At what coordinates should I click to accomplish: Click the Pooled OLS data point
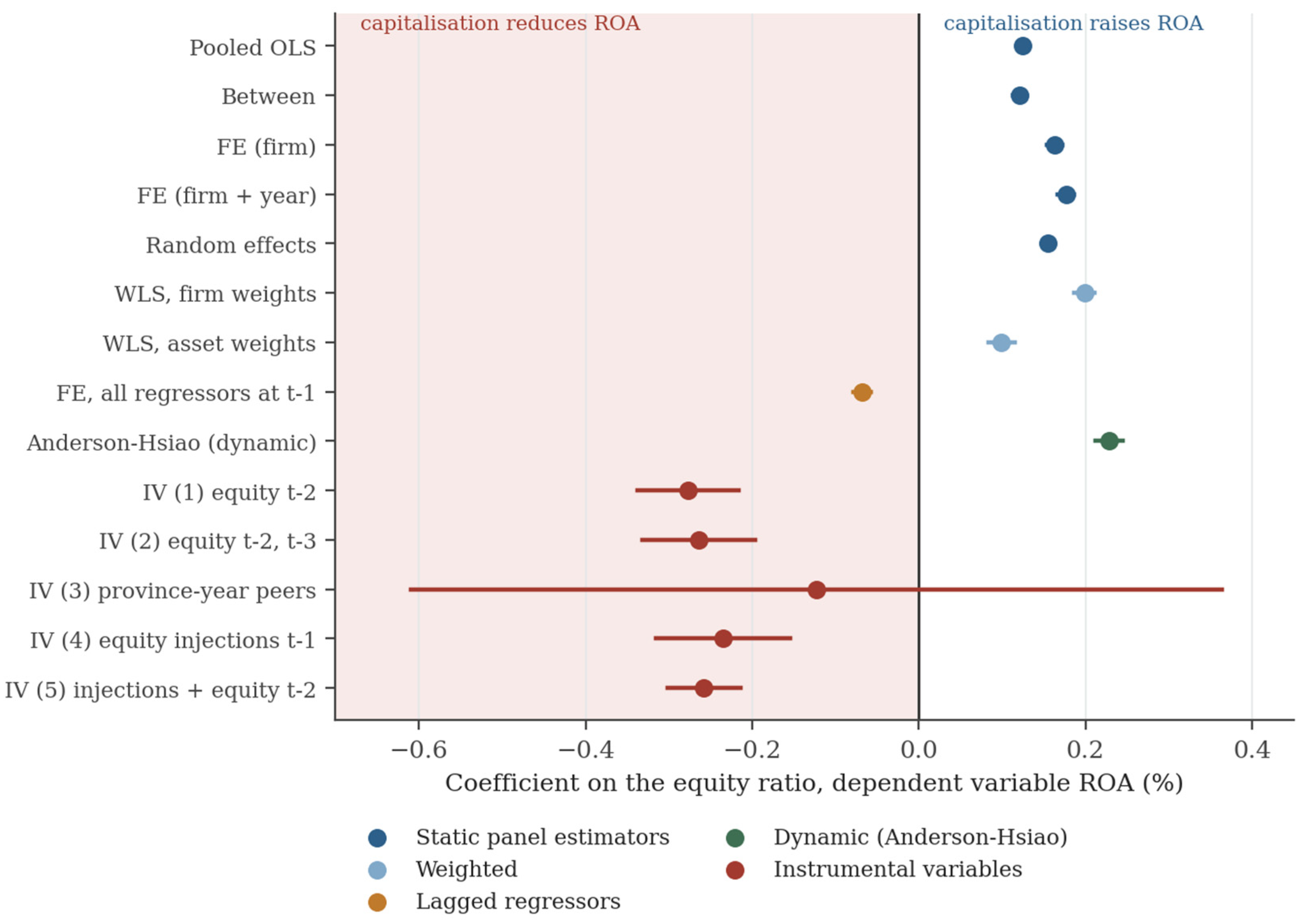[1022, 46]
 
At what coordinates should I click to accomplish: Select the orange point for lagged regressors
[862, 392]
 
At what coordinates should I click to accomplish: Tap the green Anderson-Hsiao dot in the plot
[1109, 441]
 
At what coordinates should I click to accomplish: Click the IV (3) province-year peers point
[816, 590]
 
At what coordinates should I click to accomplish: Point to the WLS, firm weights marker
[1085, 293]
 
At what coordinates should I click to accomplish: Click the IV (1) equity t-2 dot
[688, 491]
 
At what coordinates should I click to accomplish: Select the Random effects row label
[231, 245]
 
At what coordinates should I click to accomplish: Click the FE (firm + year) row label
[227, 196]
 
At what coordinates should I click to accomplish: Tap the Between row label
[268, 96]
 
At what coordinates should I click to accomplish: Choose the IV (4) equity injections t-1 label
[172, 640]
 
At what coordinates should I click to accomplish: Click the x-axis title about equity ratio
[814, 783]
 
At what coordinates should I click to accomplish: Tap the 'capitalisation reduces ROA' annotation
[500, 23]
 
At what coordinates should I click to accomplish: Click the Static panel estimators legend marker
[377, 837]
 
